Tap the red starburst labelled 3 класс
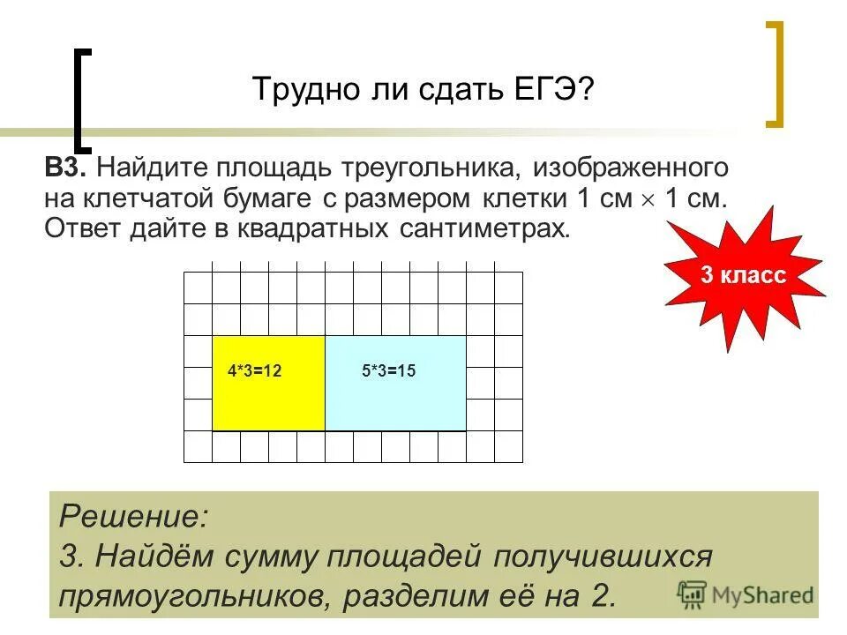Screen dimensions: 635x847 [743, 276]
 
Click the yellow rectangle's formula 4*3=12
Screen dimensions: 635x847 [254, 371]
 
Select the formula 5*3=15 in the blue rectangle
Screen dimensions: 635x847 [388, 371]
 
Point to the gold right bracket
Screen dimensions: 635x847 [775, 75]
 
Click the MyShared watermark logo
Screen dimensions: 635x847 [746, 593]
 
